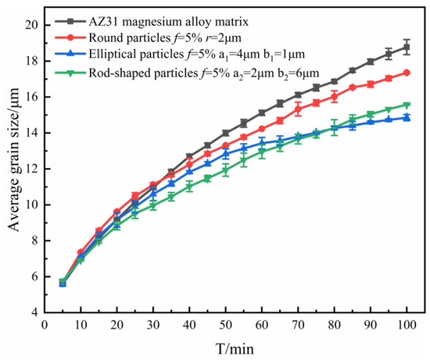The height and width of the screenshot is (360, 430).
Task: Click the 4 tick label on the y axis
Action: click(34, 312)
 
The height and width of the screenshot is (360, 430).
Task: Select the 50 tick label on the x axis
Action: click(226, 325)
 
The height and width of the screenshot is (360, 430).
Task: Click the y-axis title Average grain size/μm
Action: click(13, 168)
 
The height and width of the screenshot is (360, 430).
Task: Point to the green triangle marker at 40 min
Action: click(189, 187)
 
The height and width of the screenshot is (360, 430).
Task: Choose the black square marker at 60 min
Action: click(262, 112)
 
